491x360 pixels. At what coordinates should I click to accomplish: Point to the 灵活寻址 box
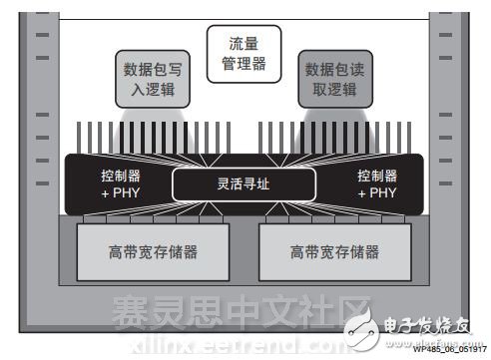pos(245,183)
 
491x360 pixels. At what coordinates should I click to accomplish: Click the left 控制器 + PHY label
pos(122,183)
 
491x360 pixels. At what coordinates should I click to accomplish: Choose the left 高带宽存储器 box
pos(151,252)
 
